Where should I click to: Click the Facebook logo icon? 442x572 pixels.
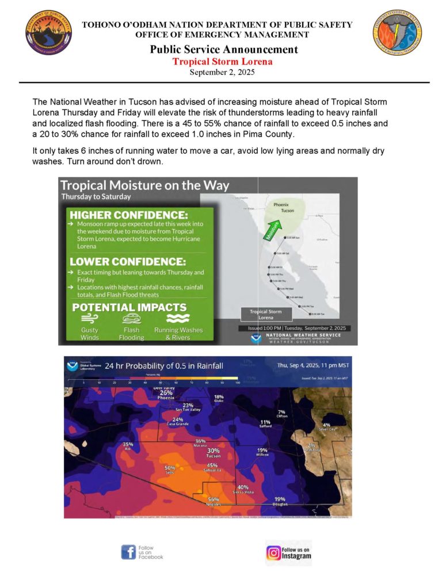tap(128, 552)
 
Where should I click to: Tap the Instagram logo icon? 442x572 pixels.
tap(273, 553)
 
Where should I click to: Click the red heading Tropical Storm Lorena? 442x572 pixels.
tap(223, 62)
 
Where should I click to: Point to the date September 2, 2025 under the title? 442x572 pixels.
tap(222, 73)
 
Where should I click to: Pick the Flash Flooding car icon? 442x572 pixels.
tap(132, 318)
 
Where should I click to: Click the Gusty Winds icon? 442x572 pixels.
tap(89, 318)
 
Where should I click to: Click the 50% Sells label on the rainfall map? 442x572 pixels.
tap(170, 470)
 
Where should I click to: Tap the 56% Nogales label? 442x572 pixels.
tap(214, 501)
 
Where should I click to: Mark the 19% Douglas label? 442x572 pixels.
tap(280, 501)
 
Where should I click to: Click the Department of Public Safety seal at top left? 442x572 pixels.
tap(48, 32)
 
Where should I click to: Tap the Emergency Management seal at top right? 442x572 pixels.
tap(397, 32)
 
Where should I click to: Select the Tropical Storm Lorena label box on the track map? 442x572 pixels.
tap(265, 314)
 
